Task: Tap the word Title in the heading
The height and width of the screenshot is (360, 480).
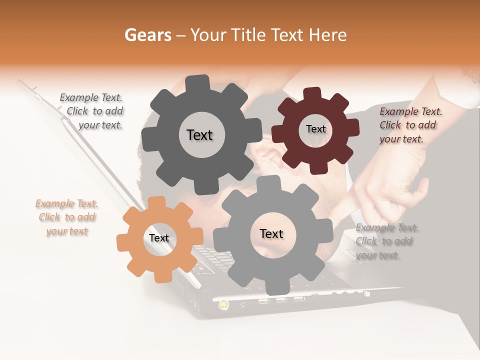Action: (x=250, y=34)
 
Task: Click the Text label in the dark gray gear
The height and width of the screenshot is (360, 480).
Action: (x=199, y=135)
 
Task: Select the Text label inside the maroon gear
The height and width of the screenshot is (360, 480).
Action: (x=315, y=129)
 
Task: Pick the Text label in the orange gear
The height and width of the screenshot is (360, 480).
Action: (x=159, y=238)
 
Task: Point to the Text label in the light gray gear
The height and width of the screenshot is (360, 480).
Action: (x=271, y=233)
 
